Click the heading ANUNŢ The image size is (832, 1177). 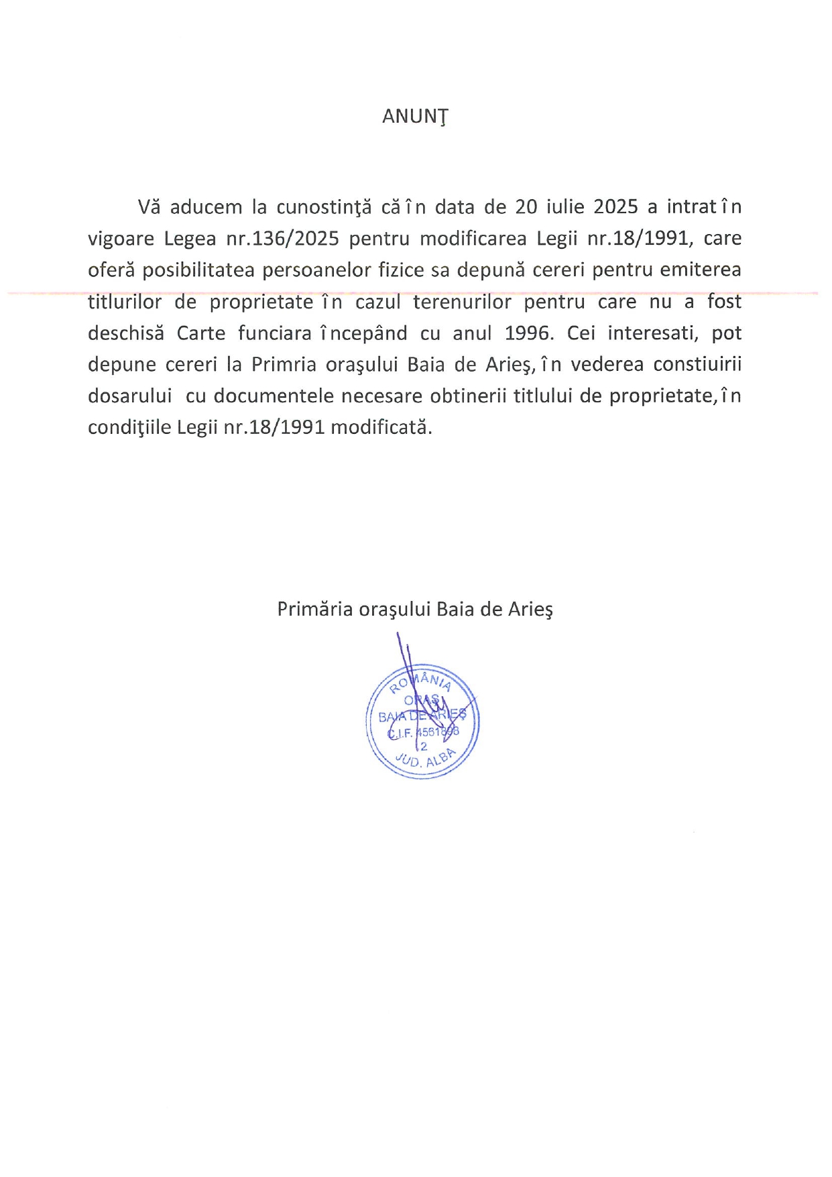415,117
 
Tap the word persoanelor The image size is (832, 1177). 310,270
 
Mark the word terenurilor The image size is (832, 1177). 462,302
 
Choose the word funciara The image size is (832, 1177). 275,333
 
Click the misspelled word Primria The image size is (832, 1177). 284,365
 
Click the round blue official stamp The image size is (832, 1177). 422,723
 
